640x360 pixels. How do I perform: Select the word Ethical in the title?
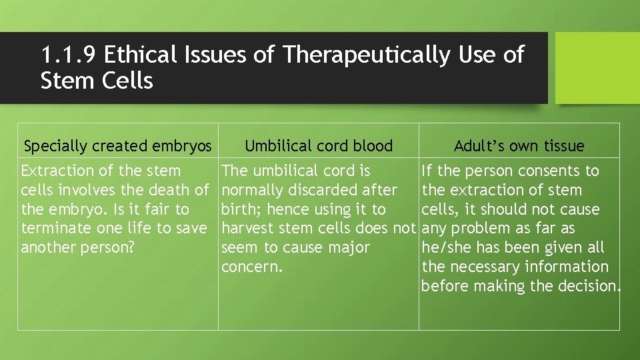141,55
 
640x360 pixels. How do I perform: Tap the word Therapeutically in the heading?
366,55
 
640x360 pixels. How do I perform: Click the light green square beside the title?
597,68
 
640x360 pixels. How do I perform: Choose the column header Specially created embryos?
118,146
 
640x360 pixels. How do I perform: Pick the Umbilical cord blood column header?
319,146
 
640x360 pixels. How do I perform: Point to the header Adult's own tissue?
519,146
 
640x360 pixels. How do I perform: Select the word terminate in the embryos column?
56,229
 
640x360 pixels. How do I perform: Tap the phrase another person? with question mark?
74,247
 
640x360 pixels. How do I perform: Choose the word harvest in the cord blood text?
248,229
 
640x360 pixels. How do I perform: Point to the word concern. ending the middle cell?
252,267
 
